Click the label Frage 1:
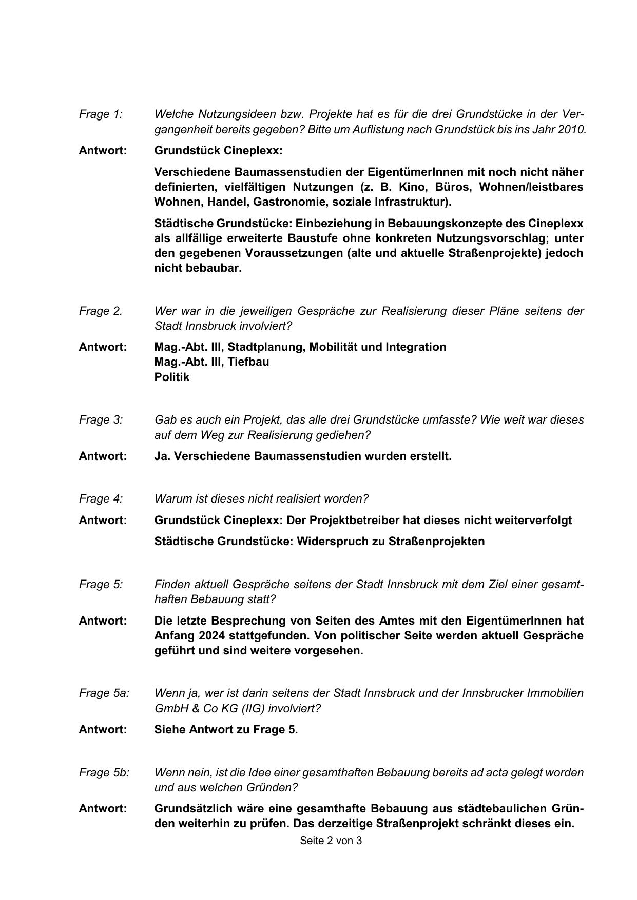click(x=101, y=114)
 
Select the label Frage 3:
click(x=101, y=419)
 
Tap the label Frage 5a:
click(x=104, y=693)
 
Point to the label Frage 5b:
click(x=104, y=772)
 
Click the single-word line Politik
click(x=171, y=377)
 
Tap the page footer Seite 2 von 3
click(x=331, y=841)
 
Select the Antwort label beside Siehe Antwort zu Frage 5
click(x=102, y=729)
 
